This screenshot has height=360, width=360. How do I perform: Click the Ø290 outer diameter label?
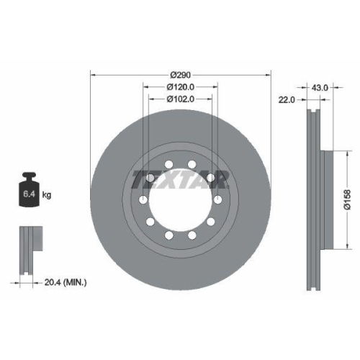point(180,74)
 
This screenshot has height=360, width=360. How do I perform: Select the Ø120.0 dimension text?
point(180,86)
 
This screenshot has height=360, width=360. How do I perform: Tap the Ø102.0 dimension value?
point(180,99)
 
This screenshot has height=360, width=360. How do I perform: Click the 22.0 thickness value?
point(287,99)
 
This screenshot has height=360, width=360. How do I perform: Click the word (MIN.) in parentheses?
point(74,283)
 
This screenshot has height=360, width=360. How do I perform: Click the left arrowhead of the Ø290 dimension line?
point(92,74)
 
